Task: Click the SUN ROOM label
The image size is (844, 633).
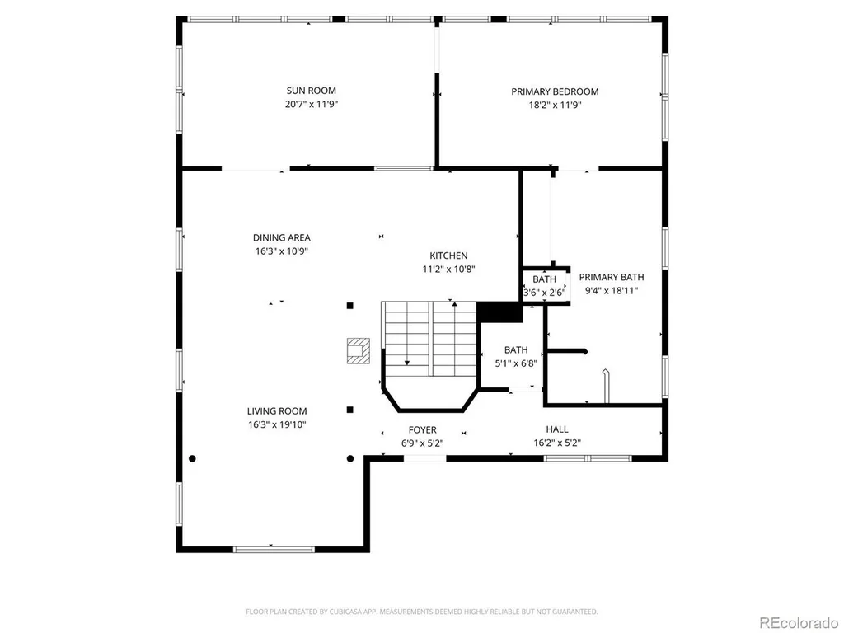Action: (x=311, y=91)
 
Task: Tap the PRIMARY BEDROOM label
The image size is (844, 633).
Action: (x=555, y=92)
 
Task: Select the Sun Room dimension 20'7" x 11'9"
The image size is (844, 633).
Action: (x=311, y=105)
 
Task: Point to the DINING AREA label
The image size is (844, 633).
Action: (x=282, y=237)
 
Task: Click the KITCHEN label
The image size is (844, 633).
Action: (x=448, y=256)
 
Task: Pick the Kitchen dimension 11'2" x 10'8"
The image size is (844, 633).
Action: (x=448, y=270)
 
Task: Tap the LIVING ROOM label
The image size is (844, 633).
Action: (x=277, y=411)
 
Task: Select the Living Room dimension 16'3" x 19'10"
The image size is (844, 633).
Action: (x=277, y=424)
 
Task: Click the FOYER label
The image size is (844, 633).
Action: (x=423, y=430)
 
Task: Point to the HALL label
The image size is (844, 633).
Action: (x=557, y=429)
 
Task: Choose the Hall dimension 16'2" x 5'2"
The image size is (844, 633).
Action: (x=557, y=443)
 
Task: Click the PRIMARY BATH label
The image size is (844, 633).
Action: (x=612, y=277)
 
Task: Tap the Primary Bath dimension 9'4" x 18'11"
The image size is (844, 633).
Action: (x=612, y=291)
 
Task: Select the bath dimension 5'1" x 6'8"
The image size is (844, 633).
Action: (x=516, y=363)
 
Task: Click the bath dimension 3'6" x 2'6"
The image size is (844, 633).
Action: (x=545, y=293)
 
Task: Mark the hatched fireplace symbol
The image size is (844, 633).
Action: (x=358, y=351)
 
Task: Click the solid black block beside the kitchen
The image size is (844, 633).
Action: (x=499, y=312)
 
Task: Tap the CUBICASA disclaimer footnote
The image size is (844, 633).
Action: (x=421, y=612)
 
